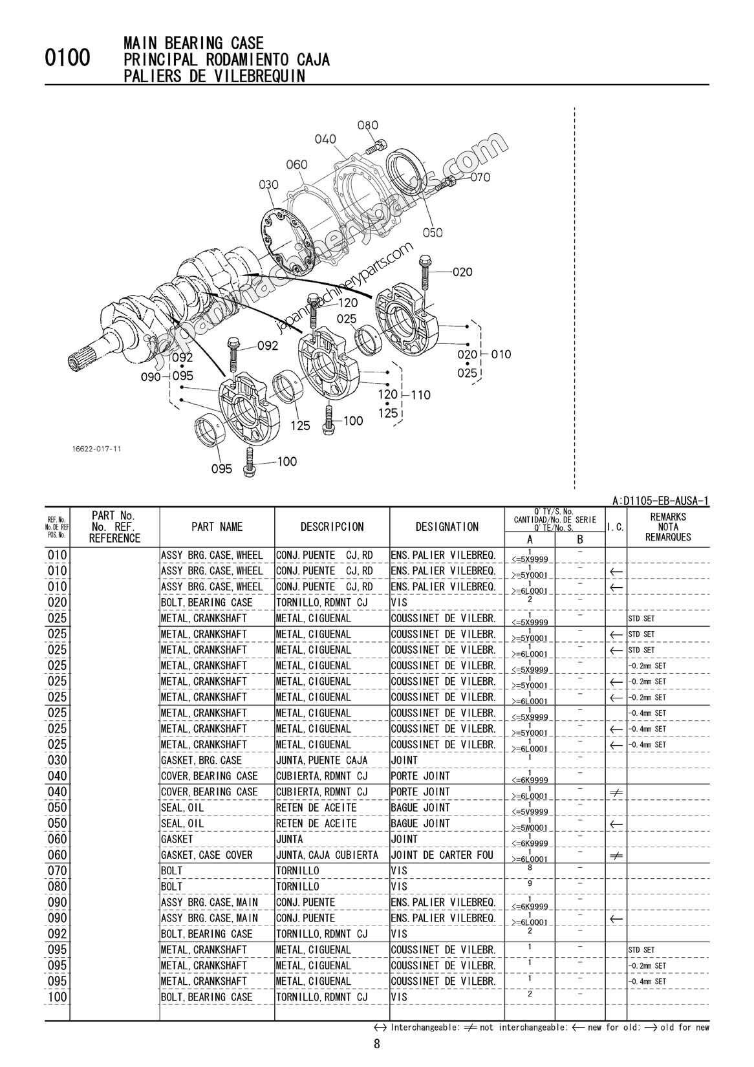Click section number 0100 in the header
click(68, 59)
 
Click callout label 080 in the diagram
click(367, 125)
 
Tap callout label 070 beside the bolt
click(480, 177)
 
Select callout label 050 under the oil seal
click(433, 232)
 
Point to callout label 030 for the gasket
click(268, 185)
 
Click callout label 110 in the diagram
click(420, 394)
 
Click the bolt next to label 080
click(378, 144)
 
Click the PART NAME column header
click(217, 527)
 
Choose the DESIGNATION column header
click(447, 527)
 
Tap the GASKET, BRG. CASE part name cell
click(201, 760)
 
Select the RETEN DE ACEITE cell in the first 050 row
click(316, 808)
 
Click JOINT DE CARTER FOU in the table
click(442, 855)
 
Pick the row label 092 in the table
click(57, 934)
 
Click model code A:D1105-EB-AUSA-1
click(660, 501)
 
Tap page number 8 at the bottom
click(377, 1043)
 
